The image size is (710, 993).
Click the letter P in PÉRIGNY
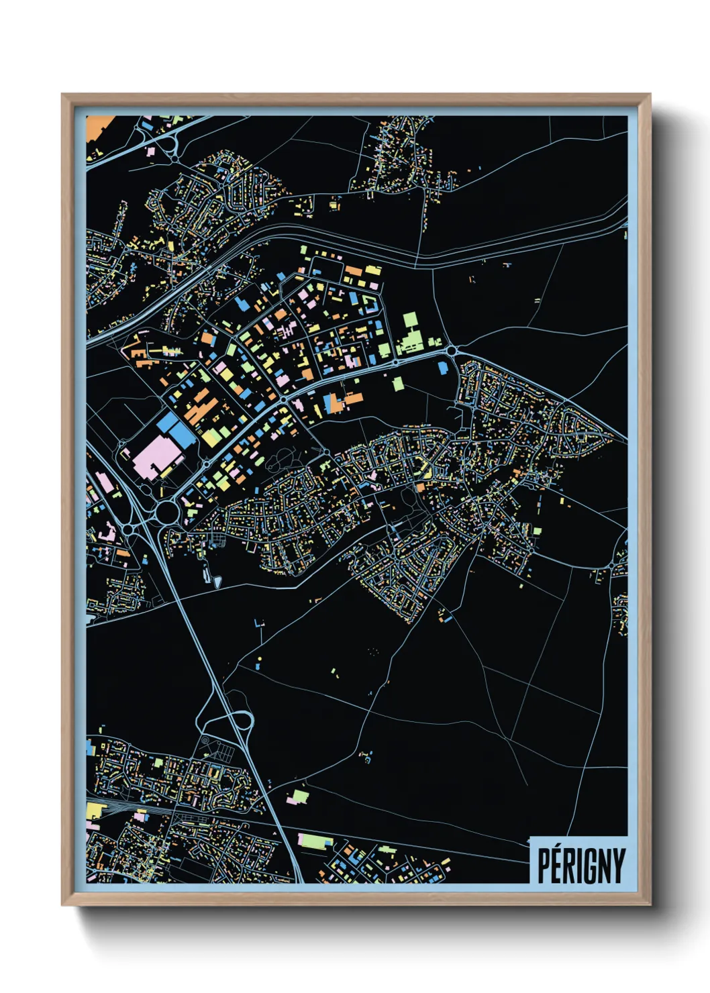coord(544,866)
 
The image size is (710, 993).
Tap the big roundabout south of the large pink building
coord(166,513)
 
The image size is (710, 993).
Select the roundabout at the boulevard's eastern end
coord(451,350)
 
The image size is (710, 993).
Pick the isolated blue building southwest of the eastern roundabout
coord(442,367)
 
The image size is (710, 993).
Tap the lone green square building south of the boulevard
coord(398,383)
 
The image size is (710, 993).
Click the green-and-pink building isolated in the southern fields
coord(298,796)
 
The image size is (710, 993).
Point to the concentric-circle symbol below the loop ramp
coord(205,741)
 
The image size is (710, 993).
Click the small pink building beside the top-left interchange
coord(151,152)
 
